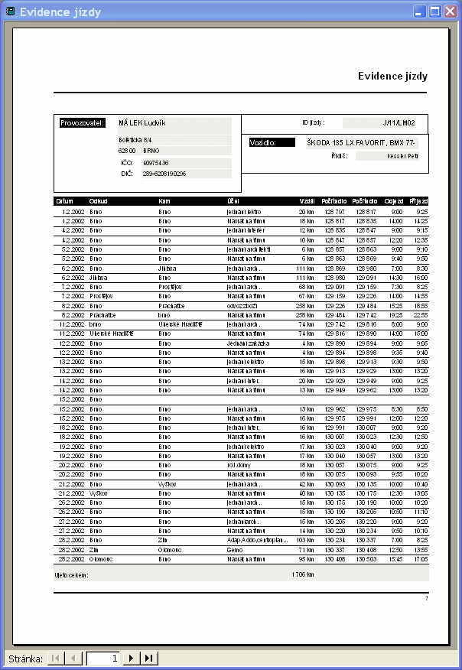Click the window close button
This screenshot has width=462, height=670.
coord(451,11)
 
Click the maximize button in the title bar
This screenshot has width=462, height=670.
coord(435,11)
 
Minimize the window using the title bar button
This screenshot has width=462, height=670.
coord(421,11)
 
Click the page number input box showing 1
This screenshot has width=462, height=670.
coord(102,658)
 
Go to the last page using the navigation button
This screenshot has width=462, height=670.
coord(149,658)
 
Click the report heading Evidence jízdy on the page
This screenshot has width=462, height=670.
coord(392,76)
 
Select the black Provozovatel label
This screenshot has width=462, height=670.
coord(83,122)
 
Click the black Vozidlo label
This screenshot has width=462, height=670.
coord(272,142)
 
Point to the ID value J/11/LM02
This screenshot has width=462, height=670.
coord(399,122)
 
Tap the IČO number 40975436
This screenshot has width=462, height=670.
coord(156,163)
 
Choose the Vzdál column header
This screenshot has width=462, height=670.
coord(307,201)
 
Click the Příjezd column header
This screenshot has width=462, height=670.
coord(418,201)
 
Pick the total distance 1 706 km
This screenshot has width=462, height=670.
coord(304,574)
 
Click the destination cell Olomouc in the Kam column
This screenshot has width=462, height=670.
coord(169,549)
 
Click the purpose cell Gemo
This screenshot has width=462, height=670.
coord(234,549)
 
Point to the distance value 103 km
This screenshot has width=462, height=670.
coord(305,539)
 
